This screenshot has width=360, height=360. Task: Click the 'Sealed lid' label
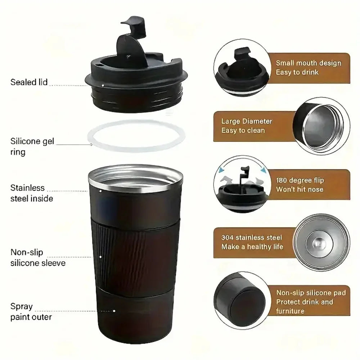29,82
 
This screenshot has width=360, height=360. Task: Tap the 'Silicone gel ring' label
32,147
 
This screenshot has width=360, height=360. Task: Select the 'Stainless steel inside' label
32,193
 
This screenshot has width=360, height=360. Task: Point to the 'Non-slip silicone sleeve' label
38,258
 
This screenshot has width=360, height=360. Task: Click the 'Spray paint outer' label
31,312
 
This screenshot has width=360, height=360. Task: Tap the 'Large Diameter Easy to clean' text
247,126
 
